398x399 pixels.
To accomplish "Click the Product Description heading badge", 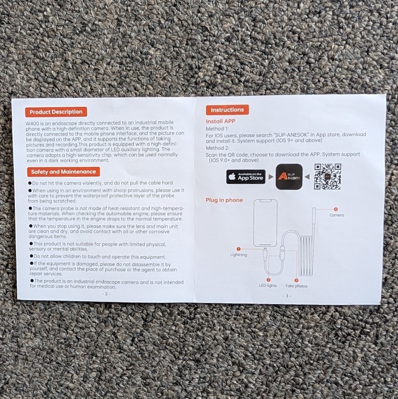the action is [x=56, y=112].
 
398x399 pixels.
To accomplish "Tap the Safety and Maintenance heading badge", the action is [x=63, y=172].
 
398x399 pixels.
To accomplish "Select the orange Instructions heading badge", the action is [x=227, y=110].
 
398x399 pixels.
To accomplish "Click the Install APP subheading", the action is [x=221, y=121].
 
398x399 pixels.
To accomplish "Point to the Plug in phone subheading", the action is [x=224, y=200].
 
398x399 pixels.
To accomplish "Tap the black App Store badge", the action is [x=246, y=177].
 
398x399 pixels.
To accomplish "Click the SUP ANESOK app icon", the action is [x=289, y=177].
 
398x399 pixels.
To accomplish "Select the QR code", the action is [x=327, y=177].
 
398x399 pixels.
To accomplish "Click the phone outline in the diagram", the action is [x=265, y=223].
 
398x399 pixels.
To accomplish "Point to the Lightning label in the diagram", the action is [x=239, y=255].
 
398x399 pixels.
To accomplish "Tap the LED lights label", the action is [x=268, y=286].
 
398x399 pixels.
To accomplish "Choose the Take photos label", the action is [x=297, y=286].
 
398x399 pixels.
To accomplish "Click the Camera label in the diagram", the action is [x=337, y=215].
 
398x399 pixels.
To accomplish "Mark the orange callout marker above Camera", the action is [x=336, y=209].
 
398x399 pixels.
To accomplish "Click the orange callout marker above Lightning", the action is [x=239, y=249].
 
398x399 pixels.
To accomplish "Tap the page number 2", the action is [x=106, y=294].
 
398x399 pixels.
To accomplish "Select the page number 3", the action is [x=287, y=296].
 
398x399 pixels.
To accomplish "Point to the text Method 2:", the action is [x=218, y=148].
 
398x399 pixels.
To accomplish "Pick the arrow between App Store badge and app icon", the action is [x=271, y=177].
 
